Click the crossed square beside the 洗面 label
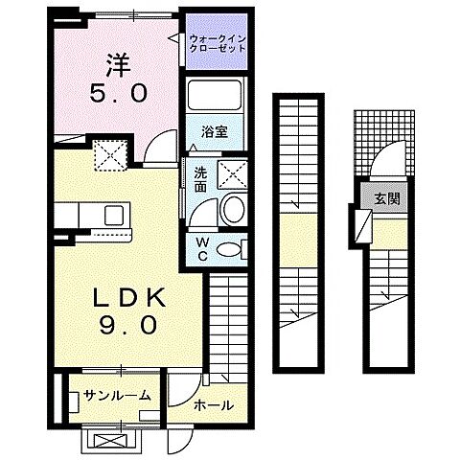pyautogui.click(x=233, y=174)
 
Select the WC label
pyautogui.click(x=202, y=248)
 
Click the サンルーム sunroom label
pyautogui.click(x=116, y=395)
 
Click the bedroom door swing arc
pyautogui.click(x=158, y=151)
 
